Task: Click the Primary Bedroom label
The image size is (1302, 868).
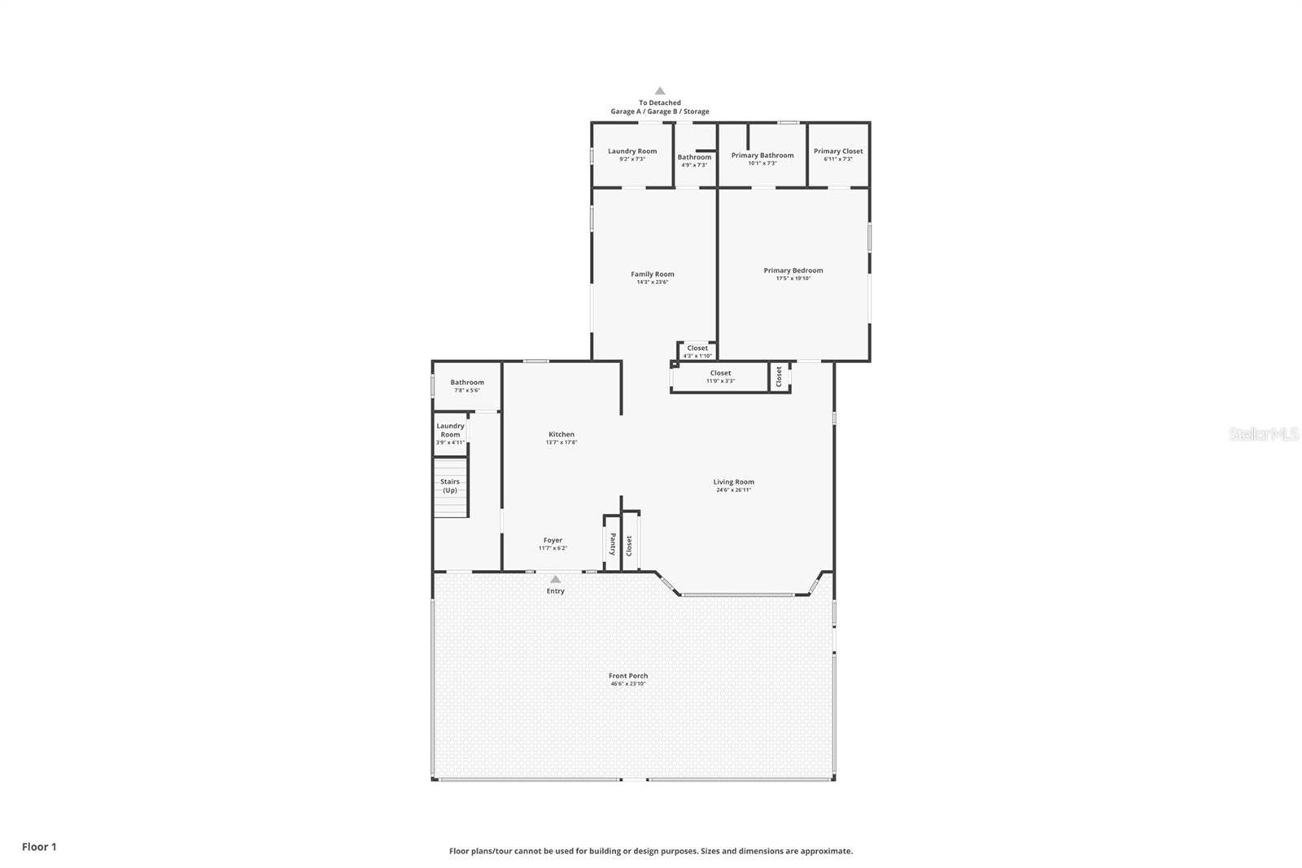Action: click(x=793, y=270)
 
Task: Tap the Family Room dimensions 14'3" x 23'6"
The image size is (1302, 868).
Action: click(x=652, y=283)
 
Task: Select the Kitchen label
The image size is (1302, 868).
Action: click(x=561, y=434)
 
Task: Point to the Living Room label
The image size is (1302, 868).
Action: click(x=733, y=481)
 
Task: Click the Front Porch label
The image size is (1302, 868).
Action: click(x=628, y=675)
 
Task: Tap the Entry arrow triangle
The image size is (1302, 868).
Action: click(x=555, y=580)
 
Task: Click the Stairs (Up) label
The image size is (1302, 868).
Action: click(x=450, y=486)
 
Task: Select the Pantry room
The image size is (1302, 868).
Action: click(x=612, y=543)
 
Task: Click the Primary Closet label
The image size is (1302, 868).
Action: click(x=838, y=151)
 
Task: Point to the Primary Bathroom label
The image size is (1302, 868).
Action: click(x=762, y=155)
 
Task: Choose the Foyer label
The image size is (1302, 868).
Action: click(x=553, y=540)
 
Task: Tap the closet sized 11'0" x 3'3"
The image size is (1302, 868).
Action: click(x=719, y=376)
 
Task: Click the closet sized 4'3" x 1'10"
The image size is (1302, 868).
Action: click(x=697, y=351)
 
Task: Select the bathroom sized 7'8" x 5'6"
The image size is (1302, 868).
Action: click(x=467, y=385)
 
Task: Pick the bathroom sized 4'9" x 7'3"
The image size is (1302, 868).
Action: click(x=694, y=160)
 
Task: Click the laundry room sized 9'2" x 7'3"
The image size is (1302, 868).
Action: click(x=631, y=154)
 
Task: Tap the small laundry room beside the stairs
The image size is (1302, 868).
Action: click(x=450, y=432)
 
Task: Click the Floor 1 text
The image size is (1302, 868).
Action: click(x=39, y=847)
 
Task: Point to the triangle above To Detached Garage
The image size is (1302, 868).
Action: click(x=660, y=91)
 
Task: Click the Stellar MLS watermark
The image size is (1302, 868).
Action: click(x=1263, y=434)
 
